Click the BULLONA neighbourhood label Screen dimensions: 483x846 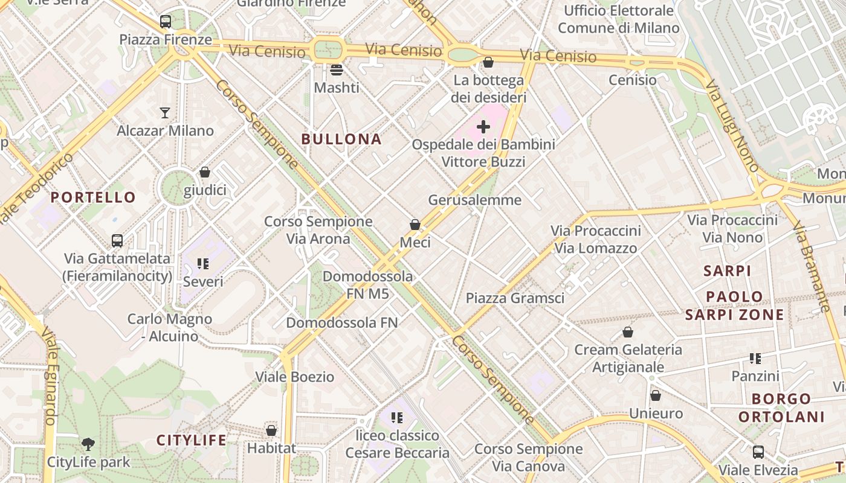tap(341, 139)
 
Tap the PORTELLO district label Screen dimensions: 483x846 tap(93, 197)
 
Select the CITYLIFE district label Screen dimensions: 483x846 tap(192, 440)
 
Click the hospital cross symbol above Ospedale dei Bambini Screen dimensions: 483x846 tap(483, 127)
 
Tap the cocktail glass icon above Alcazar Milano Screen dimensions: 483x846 tap(165, 112)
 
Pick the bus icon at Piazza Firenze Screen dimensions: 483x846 tap(166, 22)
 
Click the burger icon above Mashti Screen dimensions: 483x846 tap(337, 69)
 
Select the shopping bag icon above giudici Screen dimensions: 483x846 tap(205, 173)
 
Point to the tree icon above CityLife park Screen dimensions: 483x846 tap(88, 444)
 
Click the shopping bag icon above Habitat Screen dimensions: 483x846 tap(271, 430)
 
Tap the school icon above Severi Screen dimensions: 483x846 tap(203, 264)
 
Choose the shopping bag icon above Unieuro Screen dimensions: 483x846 tap(656, 396)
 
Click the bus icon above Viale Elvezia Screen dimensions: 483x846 tap(758, 452)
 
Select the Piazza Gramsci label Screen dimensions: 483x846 tap(515, 298)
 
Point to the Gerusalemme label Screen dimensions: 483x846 tap(474, 200)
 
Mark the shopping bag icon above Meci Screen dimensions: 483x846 tap(415, 225)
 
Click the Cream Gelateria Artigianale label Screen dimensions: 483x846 tap(628, 358)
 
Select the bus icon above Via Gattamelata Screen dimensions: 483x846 tap(117, 241)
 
